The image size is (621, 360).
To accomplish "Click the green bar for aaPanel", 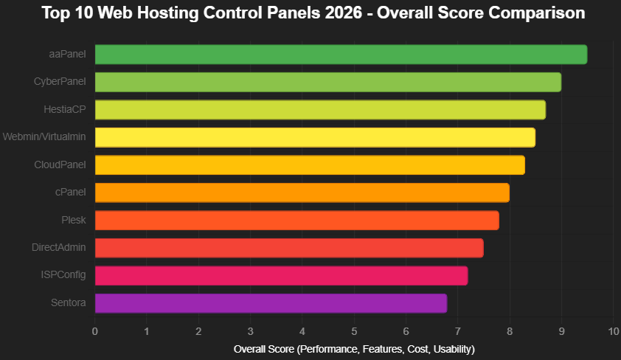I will click(x=341, y=55).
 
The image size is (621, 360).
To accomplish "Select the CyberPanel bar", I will click(x=328, y=82).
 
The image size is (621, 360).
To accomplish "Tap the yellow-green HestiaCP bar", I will click(x=320, y=110).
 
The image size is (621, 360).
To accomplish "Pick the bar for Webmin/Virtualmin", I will click(x=315, y=137).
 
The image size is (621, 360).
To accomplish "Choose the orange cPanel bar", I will click(x=302, y=193).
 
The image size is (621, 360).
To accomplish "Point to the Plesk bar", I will click(x=297, y=220).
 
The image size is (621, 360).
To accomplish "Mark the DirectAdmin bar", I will click(x=289, y=248).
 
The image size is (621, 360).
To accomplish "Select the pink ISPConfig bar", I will click(x=281, y=275).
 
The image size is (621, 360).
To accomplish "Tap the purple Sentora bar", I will click(x=271, y=303).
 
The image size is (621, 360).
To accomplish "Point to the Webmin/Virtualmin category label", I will click(x=44, y=137).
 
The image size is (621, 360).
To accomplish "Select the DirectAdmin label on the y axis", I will click(x=59, y=248).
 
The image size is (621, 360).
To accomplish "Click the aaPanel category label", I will click(x=66, y=55).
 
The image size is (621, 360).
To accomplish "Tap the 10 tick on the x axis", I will click(x=613, y=330).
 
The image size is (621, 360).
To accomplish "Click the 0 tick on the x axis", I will click(x=95, y=330).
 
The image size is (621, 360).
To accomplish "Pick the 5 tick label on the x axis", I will click(x=354, y=330).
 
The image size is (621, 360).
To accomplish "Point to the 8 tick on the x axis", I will click(x=510, y=330).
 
